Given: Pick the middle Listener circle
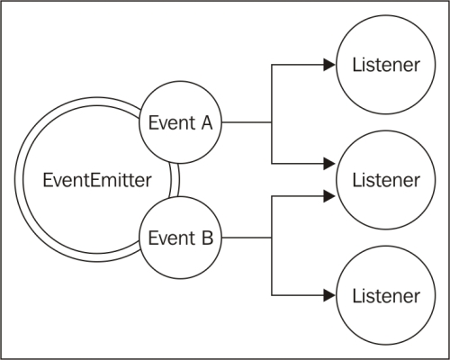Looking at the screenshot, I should [x=377, y=179].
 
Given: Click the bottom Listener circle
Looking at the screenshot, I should [x=377, y=295].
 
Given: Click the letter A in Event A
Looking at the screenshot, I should [x=206, y=122].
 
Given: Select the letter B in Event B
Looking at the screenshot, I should [x=206, y=238].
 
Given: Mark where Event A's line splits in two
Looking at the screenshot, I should [x=271, y=122].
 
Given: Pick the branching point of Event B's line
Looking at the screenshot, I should [x=271, y=238].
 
